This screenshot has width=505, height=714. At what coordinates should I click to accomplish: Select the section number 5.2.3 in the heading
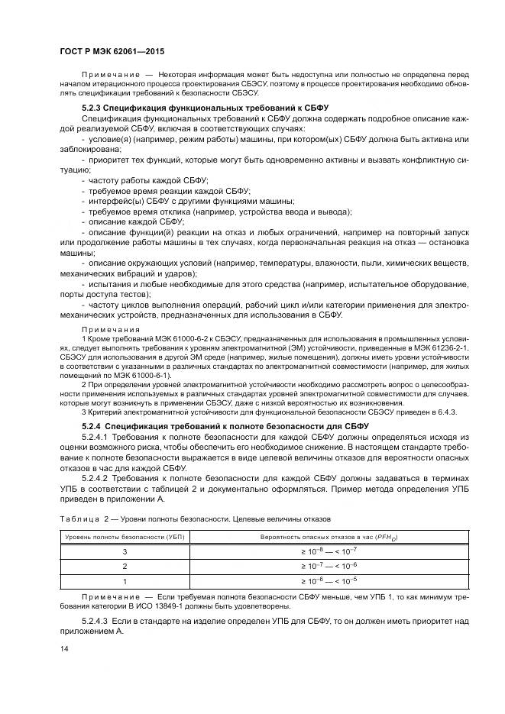pyautogui.click(x=91, y=108)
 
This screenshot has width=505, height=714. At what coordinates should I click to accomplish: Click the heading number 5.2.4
pyautogui.click(x=91, y=425)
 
